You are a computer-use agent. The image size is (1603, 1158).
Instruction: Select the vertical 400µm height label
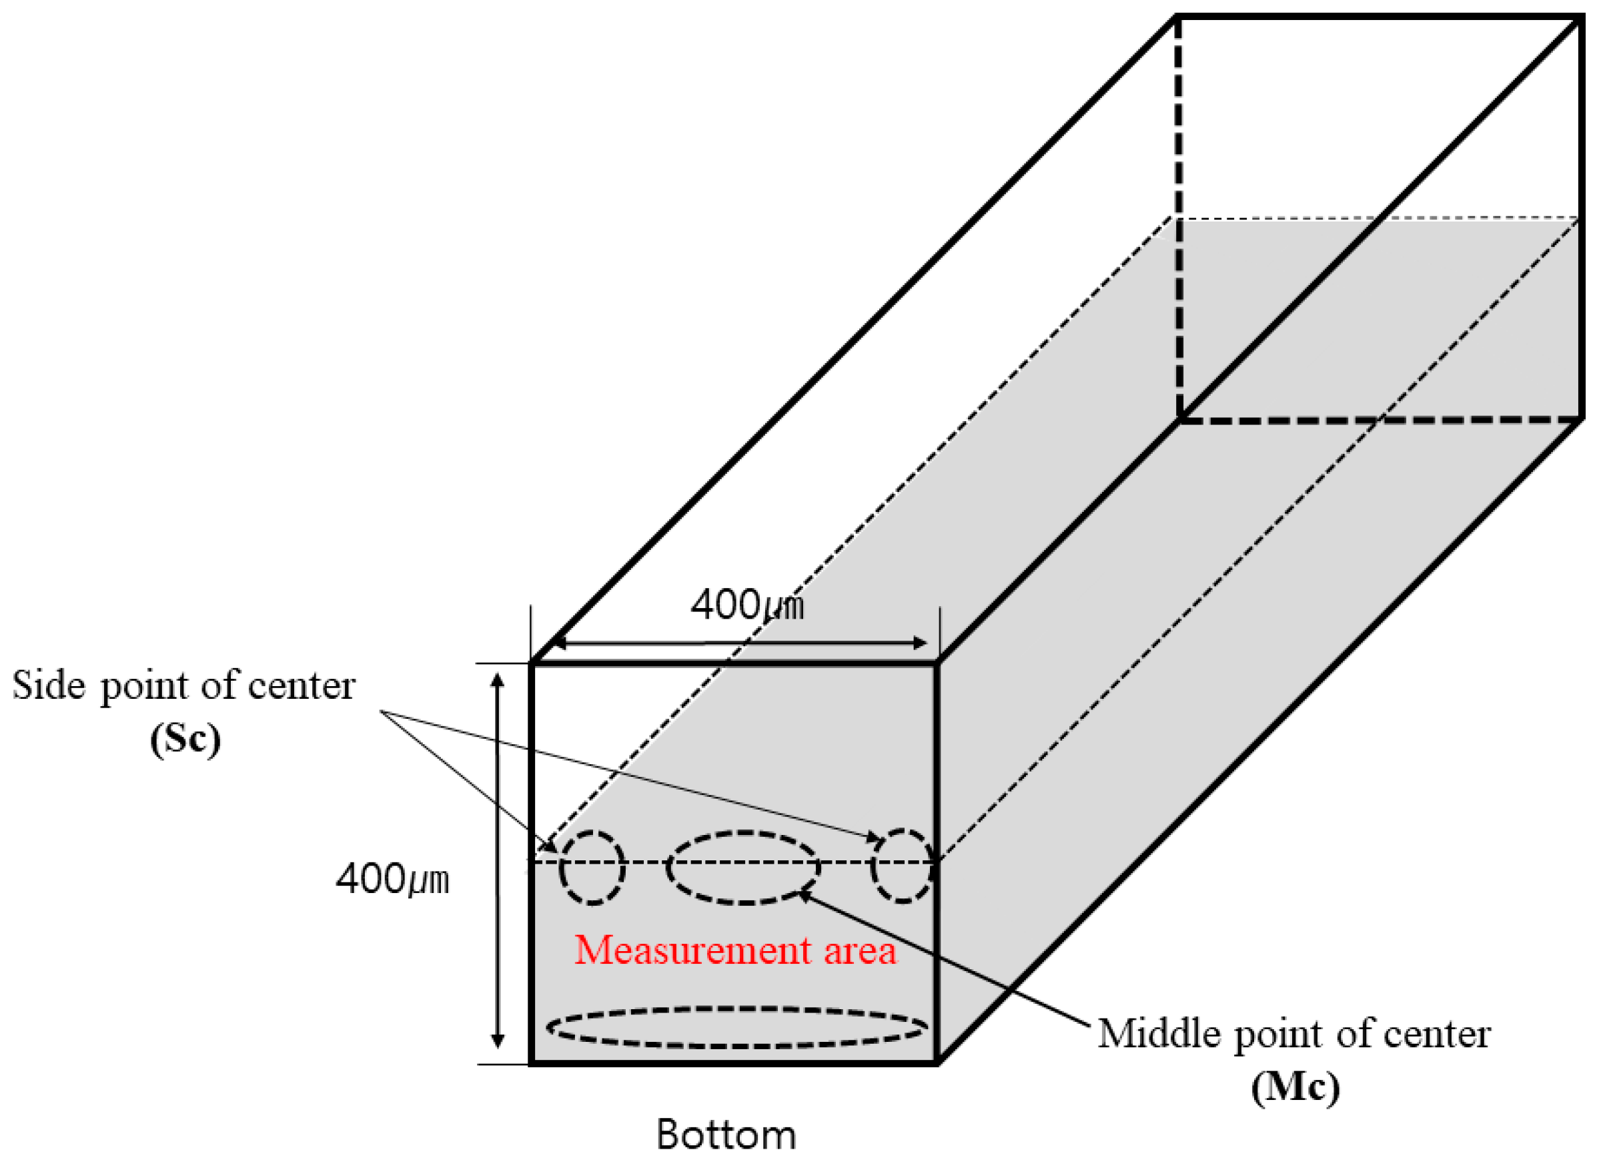pyautogui.click(x=392, y=880)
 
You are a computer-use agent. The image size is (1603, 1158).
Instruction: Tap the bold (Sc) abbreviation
pyautogui.click(x=185, y=740)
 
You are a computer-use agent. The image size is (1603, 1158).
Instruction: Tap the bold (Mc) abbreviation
pyautogui.click(x=1295, y=1087)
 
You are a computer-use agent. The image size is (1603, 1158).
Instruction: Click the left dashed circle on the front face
pyautogui.click(x=592, y=867)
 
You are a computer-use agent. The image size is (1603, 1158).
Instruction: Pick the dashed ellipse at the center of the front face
pyautogui.click(x=744, y=868)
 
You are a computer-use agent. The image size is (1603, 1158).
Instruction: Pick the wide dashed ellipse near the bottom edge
pyautogui.click(x=737, y=1027)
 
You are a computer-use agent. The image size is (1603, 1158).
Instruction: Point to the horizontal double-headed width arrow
pyautogui.click(x=738, y=643)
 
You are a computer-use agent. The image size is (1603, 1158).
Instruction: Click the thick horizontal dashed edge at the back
pyautogui.click(x=1378, y=420)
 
